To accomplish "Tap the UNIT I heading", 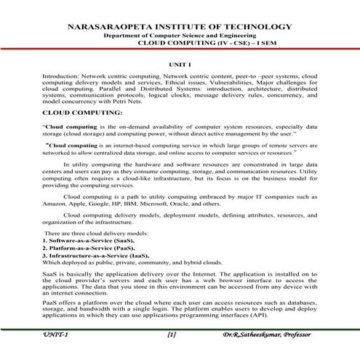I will pos(180,65).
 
